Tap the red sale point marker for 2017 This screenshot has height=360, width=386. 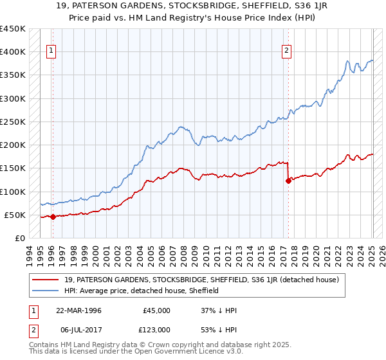point(288,181)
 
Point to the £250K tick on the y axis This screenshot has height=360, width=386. point(13,122)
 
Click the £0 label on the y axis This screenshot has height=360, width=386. point(20,238)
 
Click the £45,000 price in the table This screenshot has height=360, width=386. point(156,310)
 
